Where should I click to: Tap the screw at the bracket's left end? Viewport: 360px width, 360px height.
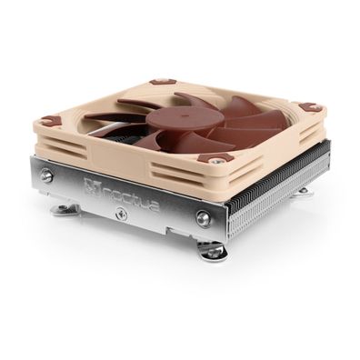[x=46, y=175]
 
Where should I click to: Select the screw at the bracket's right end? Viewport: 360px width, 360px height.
[x=204, y=218]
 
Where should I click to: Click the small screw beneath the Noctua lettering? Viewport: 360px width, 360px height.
[x=120, y=215]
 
